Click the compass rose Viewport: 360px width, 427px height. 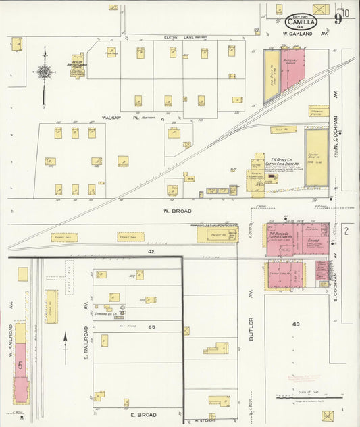click(x=45, y=71)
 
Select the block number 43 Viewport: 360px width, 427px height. click(x=295, y=324)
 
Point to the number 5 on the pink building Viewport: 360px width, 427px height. click(x=20, y=365)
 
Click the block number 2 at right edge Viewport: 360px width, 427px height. click(x=345, y=232)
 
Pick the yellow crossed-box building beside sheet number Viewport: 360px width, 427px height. click(x=322, y=9)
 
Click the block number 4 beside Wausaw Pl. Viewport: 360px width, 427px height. click(x=162, y=119)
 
